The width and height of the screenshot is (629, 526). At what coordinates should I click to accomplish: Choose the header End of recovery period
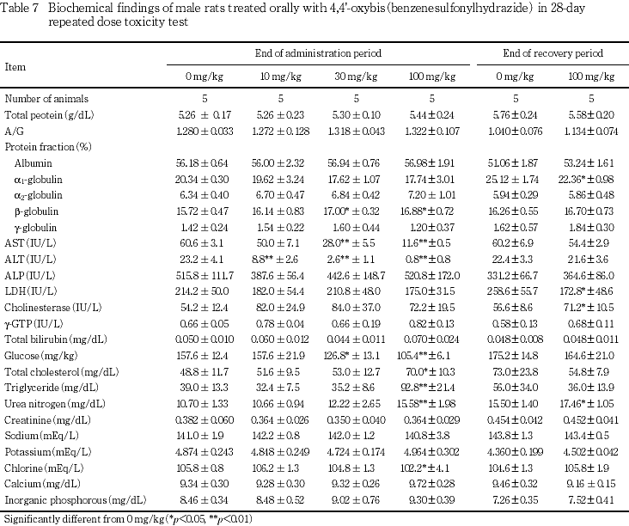[x=553, y=54]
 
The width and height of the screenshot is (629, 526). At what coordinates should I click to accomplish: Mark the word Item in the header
[x=14, y=66]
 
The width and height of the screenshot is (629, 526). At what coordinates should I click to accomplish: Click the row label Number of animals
[x=46, y=99]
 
